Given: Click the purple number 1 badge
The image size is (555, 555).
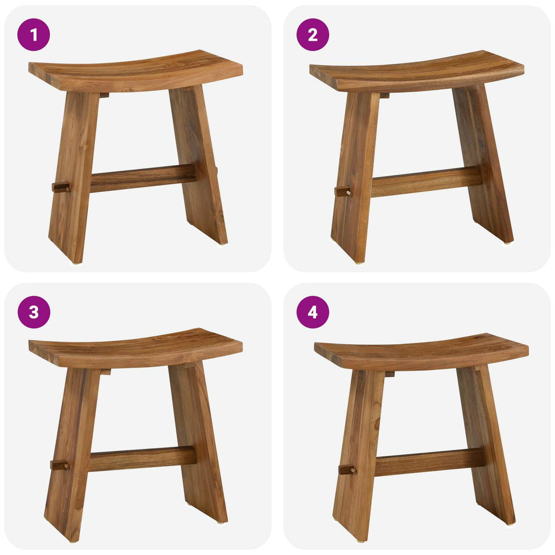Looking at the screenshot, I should tap(34, 35).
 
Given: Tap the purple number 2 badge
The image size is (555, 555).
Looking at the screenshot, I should tap(313, 35).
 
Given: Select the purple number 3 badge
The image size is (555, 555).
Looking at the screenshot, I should tap(34, 312).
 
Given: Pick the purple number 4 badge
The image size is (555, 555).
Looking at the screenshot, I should tap(313, 312).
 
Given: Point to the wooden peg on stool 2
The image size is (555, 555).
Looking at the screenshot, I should tap(343, 191).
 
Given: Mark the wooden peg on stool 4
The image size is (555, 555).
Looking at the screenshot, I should tap(347, 469).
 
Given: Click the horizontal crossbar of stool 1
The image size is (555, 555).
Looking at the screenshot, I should tap(143, 178).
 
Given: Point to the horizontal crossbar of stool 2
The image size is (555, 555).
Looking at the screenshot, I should tap(426, 182).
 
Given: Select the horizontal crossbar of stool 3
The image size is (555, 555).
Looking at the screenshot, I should tap(142, 459).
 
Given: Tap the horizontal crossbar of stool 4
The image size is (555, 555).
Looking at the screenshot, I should tap(429, 462).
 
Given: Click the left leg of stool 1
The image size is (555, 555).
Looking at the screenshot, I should tap(73, 179).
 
